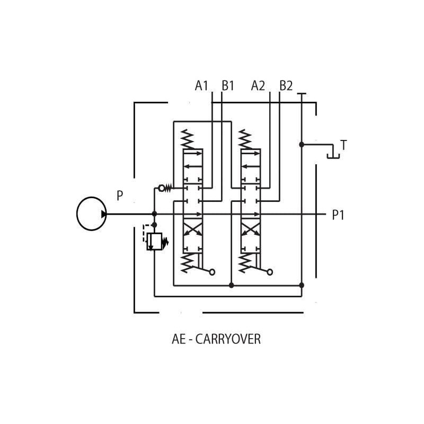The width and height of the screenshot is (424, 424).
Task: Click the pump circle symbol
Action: tap(92, 214)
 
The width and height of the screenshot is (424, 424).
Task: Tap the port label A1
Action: tap(201, 85)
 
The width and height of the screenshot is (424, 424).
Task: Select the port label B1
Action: tap(228, 85)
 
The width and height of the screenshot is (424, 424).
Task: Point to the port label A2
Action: tap(258, 85)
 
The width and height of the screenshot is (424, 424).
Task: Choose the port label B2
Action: tap(286, 85)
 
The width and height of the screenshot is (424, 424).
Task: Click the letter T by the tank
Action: tap(343, 145)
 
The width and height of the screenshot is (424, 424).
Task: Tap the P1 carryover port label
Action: tap(338, 215)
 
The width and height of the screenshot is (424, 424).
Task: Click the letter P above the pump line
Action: tap(120, 196)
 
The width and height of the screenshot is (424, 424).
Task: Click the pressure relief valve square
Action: tap(154, 241)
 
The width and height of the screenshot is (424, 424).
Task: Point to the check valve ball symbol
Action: tap(162, 188)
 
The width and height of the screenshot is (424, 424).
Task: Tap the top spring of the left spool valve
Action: tap(187, 139)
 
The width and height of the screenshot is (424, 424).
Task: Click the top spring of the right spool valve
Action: tap(245, 139)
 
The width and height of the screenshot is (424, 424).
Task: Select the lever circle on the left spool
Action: tap(212, 272)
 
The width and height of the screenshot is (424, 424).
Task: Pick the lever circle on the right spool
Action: tap(270, 272)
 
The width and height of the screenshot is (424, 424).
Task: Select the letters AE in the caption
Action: tap(179, 339)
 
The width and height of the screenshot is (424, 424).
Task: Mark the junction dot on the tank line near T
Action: tap(302, 144)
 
